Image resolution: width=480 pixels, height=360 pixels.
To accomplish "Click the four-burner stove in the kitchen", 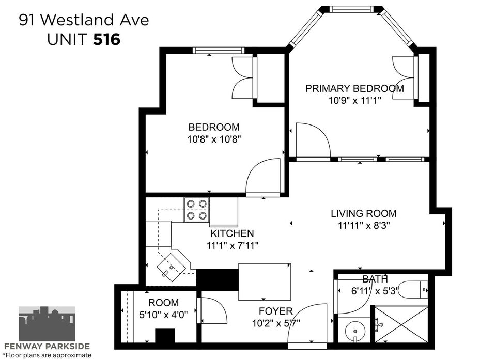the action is click(196, 210).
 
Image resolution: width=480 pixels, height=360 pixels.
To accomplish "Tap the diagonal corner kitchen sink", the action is click(172, 267).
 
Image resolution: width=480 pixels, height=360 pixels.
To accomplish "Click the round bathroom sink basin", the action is click(355, 331).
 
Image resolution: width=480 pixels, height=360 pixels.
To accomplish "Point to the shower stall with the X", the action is click(401, 324).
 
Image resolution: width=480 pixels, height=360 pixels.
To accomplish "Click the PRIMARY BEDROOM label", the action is click(354, 88).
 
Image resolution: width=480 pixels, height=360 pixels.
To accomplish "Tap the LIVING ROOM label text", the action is click(363, 213).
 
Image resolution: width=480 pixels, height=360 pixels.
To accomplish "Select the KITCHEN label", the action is click(232, 233).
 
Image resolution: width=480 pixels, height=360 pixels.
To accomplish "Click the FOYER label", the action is click(275, 311).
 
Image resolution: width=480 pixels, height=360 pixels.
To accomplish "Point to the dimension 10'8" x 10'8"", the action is click(214, 139).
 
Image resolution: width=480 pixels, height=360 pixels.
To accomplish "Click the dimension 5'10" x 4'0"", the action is click(163, 315).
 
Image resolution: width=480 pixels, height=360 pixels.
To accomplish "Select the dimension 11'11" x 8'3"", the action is click(364, 226).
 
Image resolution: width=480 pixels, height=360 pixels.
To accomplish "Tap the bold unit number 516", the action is click(107, 40).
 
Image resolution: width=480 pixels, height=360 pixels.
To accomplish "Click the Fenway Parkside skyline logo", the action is click(47, 323).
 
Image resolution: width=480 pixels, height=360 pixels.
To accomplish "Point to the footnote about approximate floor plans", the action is click(46, 355).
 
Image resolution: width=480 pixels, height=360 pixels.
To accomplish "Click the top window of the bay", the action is click(352, 9).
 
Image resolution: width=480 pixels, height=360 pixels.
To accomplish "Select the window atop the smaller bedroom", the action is click(219, 51).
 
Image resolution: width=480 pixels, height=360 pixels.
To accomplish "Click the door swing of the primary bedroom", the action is click(314, 140).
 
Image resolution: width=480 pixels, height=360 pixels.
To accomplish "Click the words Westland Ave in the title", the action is click(95, 20).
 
